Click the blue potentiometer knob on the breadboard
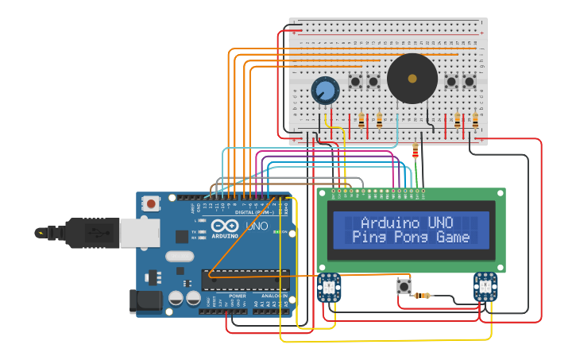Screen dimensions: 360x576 tap(324, 91)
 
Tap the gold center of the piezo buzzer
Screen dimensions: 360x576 tap(412, 79)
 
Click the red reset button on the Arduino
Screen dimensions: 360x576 tap(151, 204)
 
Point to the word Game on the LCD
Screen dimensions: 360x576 tap(454, 237)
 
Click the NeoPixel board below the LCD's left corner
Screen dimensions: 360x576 tap(329, 287)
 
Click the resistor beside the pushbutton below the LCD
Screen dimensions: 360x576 tap(423, 296)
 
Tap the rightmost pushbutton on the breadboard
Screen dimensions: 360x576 tap(470, 81)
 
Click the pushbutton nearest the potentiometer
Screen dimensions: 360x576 tap(355, 81)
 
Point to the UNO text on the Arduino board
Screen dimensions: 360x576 tap(257, 226)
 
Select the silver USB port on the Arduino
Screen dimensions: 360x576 tap(139, 232)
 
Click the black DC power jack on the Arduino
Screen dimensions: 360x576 tap(145, 300)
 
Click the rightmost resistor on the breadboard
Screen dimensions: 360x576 tap(475, 121)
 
